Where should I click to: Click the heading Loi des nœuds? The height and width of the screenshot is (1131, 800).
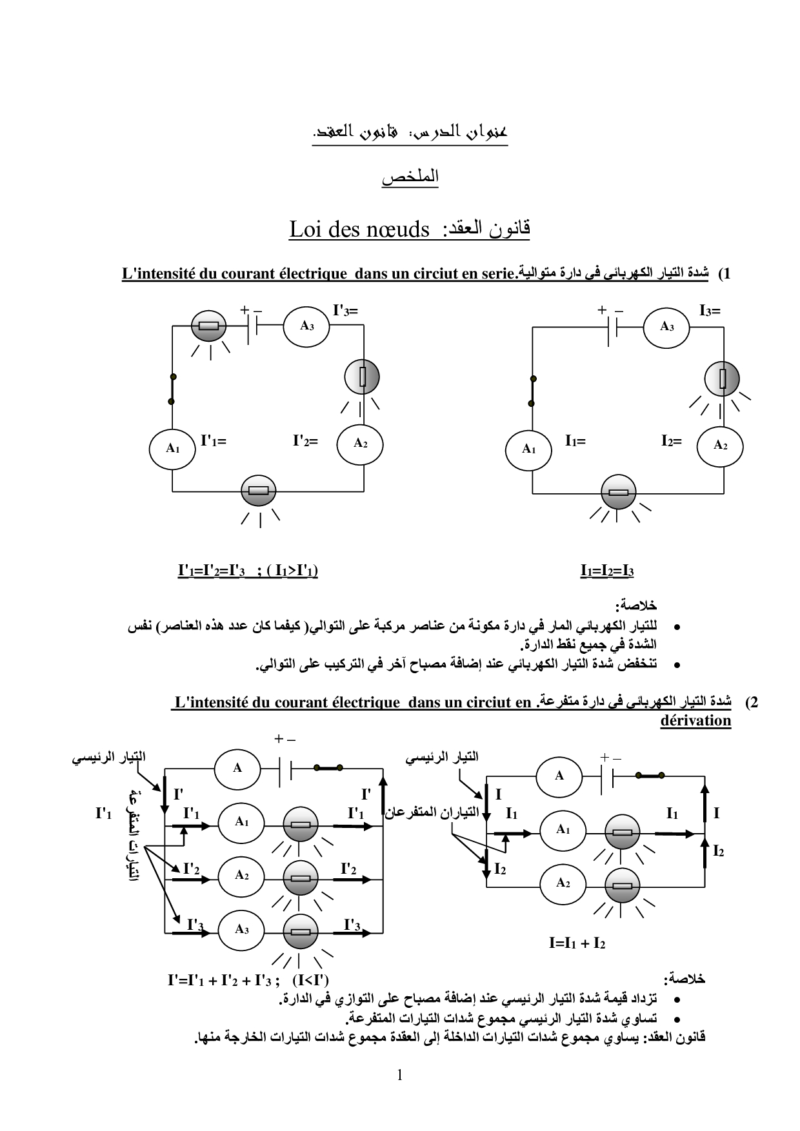359,230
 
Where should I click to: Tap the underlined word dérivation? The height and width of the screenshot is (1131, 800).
695,720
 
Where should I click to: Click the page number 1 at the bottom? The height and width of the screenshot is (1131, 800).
400,1075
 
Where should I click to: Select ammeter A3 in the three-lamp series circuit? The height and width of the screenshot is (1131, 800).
306,326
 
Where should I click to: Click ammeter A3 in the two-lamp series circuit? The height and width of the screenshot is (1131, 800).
666,327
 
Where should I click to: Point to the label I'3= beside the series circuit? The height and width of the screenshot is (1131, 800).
345,310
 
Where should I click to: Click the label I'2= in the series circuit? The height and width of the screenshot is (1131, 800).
305,441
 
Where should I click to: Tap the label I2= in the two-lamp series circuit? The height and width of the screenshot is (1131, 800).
671,441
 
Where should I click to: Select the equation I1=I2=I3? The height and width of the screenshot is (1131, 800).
607,571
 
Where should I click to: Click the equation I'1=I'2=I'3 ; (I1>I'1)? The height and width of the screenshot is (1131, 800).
248,571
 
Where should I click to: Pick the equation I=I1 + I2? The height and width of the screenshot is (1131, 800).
577,943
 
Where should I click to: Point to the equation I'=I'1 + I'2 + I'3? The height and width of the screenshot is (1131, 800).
223,981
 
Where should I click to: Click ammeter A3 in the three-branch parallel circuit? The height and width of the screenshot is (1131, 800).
241,929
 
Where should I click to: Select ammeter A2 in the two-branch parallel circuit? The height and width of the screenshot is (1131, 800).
563,883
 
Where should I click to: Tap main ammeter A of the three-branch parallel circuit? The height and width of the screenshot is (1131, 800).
237,768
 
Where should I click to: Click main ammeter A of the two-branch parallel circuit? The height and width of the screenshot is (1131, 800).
559,776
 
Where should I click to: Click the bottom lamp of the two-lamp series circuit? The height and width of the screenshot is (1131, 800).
618,493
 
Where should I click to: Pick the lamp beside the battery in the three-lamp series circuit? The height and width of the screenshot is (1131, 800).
209,326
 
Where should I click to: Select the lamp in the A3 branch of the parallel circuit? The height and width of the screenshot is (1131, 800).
300,932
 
